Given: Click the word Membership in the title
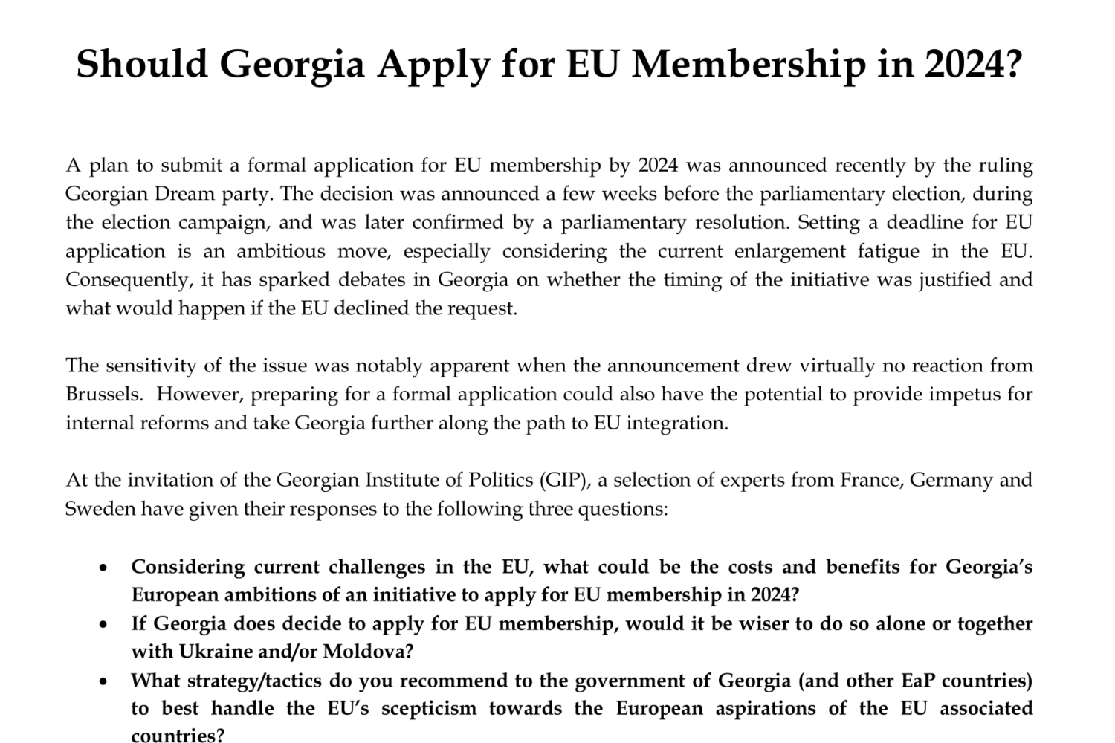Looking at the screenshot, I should [749, 64].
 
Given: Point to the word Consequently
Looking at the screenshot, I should [123, 280].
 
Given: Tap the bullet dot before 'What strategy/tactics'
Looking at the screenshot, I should [104, 681].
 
